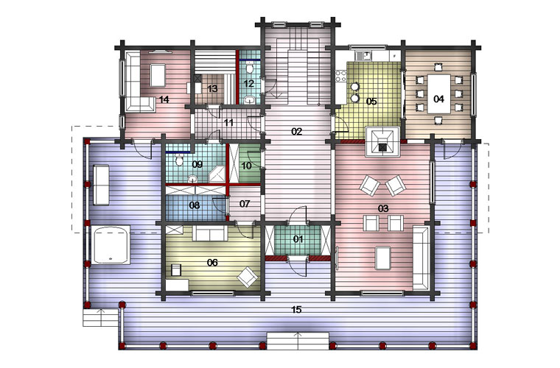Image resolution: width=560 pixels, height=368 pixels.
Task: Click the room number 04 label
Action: (x=438, y=99)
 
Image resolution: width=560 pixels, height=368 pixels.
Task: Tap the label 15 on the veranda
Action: (x=296, y=310)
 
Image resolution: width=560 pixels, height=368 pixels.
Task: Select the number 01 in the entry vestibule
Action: (x=298, y=239)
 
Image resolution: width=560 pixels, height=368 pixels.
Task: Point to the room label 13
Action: (x=212, y=88)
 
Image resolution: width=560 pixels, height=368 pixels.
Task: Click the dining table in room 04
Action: (x=439, y=93)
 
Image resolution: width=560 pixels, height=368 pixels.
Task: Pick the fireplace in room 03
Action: (x=382, y=141)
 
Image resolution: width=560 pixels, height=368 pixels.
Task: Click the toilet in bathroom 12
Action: (x=250, y=67)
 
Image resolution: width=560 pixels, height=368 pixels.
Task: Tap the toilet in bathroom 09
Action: (x=179, y=160)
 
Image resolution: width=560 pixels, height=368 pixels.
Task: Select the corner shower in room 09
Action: (x=217, y=174)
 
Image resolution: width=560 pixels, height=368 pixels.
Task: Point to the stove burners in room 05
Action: (x=340, y=75)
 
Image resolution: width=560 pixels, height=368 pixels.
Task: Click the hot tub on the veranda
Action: (x=111, y=244)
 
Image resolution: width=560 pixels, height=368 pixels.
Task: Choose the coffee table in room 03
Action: (x=383, y=258)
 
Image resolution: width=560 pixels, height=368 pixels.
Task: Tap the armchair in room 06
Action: (x=247, y=277)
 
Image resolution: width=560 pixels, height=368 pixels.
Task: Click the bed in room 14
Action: (x=158, y=75)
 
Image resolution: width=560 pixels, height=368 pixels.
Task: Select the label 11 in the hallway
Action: (x=228, y=123)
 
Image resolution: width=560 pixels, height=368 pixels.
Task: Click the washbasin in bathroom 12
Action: (x=250, y=99)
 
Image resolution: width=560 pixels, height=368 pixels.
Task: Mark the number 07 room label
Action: (x=245, y=204)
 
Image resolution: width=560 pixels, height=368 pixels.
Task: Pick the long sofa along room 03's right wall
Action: (x=421, y=258)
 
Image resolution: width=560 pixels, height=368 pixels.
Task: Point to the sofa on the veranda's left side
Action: (x=101, y=185)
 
